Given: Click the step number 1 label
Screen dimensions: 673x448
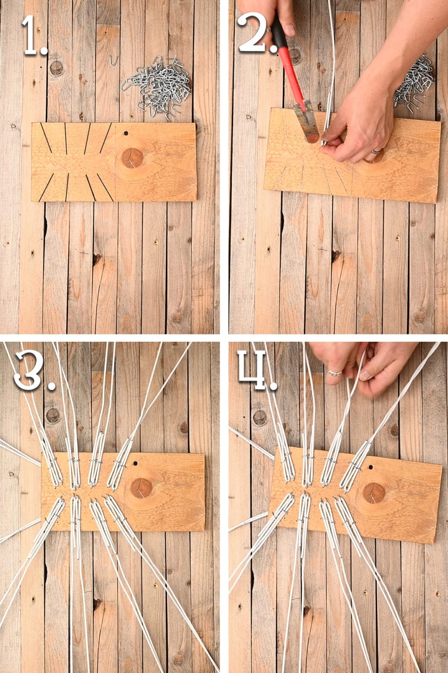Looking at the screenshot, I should pyautogui.click(x=34, y=36).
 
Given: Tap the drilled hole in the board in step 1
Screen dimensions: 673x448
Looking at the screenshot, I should pyautogui.click(x=126, y=132).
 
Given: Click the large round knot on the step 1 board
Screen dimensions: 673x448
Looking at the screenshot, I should pyautogui.click(x=132, y=158).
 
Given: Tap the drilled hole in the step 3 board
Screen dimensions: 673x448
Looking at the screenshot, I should pyautogui.click(x=135, y=463).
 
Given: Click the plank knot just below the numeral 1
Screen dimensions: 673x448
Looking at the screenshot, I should pyautogui.click(x=56, y=68).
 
